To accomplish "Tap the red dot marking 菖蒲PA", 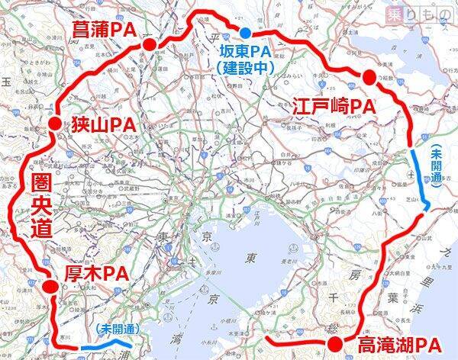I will tap(150, 45).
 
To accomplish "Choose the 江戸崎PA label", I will tap(337, 108).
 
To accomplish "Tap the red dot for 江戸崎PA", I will tap(369, 76).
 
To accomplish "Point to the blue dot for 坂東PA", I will tap(245, 33).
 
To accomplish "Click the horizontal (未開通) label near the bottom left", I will tap(119, 329).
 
